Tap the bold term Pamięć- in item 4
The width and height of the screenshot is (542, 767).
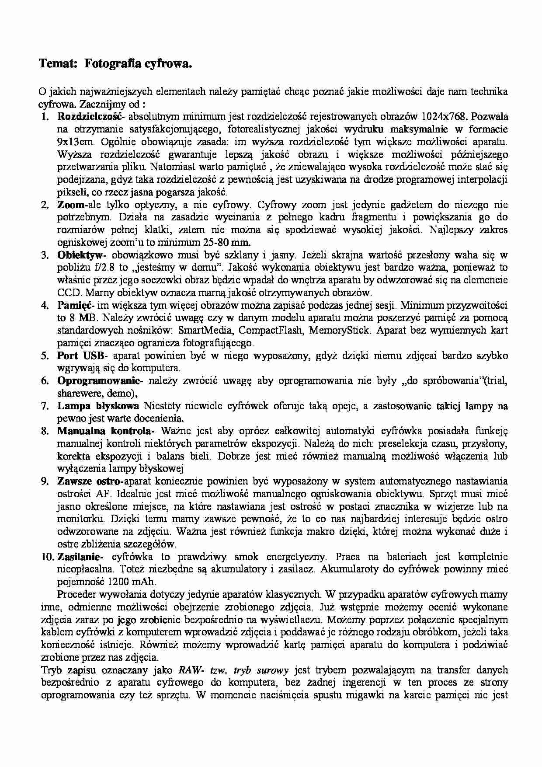76,305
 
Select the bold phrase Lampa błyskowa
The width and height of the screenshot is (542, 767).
98,406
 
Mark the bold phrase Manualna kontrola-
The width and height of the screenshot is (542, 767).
105,431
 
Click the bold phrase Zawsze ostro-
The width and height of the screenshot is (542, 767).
90,481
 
